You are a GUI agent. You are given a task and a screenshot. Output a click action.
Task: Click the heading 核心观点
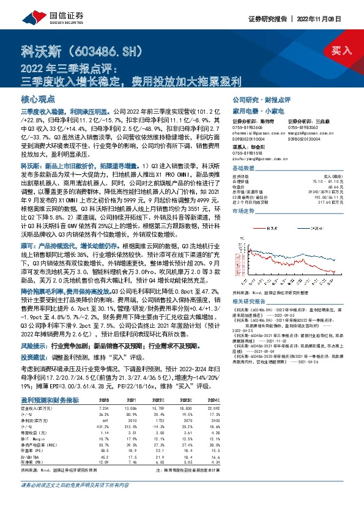(x=38, y=99)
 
